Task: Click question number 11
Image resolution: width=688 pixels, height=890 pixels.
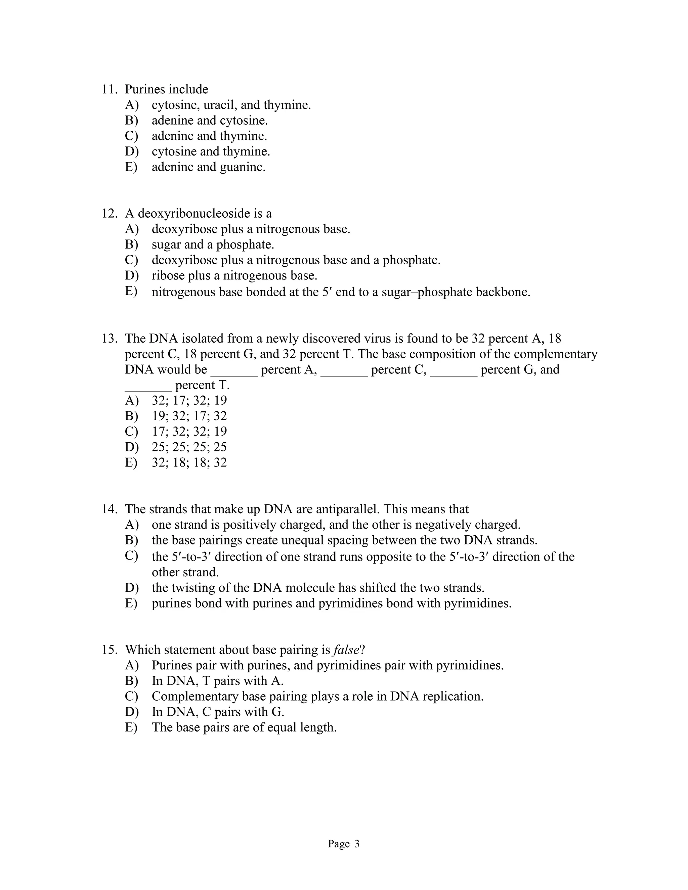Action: point(109,89)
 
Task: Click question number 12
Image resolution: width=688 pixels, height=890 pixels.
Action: point(109,214)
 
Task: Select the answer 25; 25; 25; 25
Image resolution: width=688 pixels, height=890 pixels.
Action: point(189,447)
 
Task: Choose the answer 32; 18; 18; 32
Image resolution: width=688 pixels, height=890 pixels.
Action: point(189,462)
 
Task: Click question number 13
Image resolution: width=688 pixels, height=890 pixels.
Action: point(109,338)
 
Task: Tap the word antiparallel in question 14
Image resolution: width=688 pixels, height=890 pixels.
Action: point(348,509)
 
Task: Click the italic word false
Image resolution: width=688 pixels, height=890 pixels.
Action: point(346,650)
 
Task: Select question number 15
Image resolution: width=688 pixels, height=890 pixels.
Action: point(109,650)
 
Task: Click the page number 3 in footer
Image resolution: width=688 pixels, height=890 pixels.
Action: point(357,844)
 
